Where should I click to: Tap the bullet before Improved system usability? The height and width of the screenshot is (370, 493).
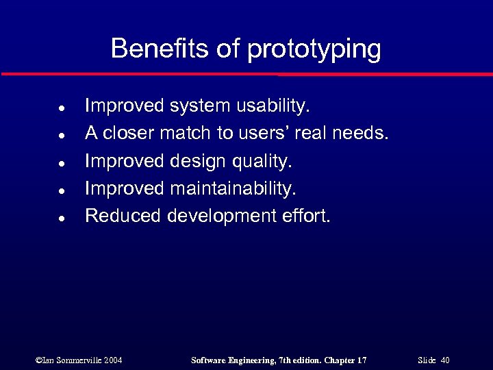pyautogui.click(x=62, y=108)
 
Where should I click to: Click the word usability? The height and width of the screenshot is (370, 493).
pyautogui.click(x=273, y=107)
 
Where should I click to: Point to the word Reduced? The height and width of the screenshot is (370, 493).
pyautogui.click(x=123, y=216)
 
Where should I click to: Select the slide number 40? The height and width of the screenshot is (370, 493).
pyautogui.click(x=445, y=360)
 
